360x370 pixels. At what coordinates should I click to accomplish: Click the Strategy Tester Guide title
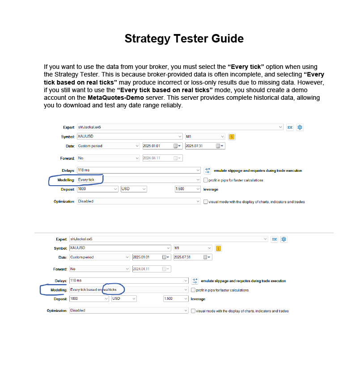[184, 38]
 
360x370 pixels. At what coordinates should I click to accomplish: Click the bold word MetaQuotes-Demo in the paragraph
[115, 98]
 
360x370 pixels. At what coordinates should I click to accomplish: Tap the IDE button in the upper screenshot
[290, 128]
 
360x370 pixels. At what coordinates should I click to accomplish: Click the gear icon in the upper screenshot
[300, 128]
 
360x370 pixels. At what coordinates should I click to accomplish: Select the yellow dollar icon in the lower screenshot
[218, 248]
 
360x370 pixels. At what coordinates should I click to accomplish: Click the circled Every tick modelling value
[86, 180]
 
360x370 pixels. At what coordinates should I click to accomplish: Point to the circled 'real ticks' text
[110, 289]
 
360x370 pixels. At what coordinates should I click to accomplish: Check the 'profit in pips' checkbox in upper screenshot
[206, 180]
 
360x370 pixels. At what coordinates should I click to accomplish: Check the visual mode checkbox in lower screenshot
[193, 311]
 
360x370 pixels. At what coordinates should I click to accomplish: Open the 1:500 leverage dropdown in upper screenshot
[187, 189]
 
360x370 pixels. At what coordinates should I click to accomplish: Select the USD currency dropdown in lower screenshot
[124, 299]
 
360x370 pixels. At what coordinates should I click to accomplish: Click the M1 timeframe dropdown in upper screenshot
[205, 136]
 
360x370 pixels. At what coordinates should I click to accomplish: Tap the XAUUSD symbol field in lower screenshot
[120, 248]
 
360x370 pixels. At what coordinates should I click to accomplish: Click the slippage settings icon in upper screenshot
[208, 170]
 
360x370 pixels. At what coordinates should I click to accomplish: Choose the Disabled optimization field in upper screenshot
[139, 201]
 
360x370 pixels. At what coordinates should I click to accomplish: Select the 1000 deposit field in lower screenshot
[89, 299]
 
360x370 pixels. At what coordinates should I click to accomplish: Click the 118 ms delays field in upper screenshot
[139, 170]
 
